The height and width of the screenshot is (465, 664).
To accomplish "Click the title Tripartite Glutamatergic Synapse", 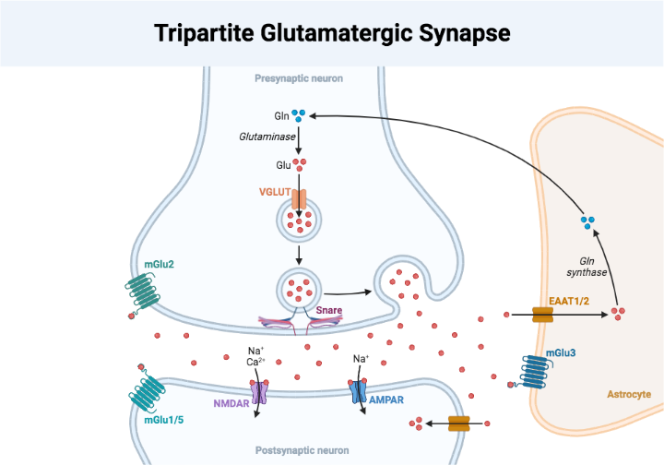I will pyautogui.click(x=332, y=33).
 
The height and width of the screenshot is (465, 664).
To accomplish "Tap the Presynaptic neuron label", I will pyautogui.click(x=299, y=78).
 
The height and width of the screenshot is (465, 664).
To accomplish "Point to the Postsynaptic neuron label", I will pyautogui.click(x=302, y=450).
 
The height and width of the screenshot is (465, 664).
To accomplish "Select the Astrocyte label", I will pyautogui.click(x=628, y=394).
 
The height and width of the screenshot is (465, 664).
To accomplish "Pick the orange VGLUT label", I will pyautogui.click(x=275, y=192).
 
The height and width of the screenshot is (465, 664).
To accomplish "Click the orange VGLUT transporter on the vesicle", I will pyautogui.click(x=299, y=197).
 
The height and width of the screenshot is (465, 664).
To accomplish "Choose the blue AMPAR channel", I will pyautogui.click(x=360, y=391).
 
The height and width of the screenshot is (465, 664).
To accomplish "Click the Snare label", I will pyautogui.click(x=329, y=311).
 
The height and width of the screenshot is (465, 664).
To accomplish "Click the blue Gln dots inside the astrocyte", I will pyautogui.click(x=587, y=221).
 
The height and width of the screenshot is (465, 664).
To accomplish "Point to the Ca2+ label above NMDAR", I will pyautogui.click(x=257, y=362).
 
